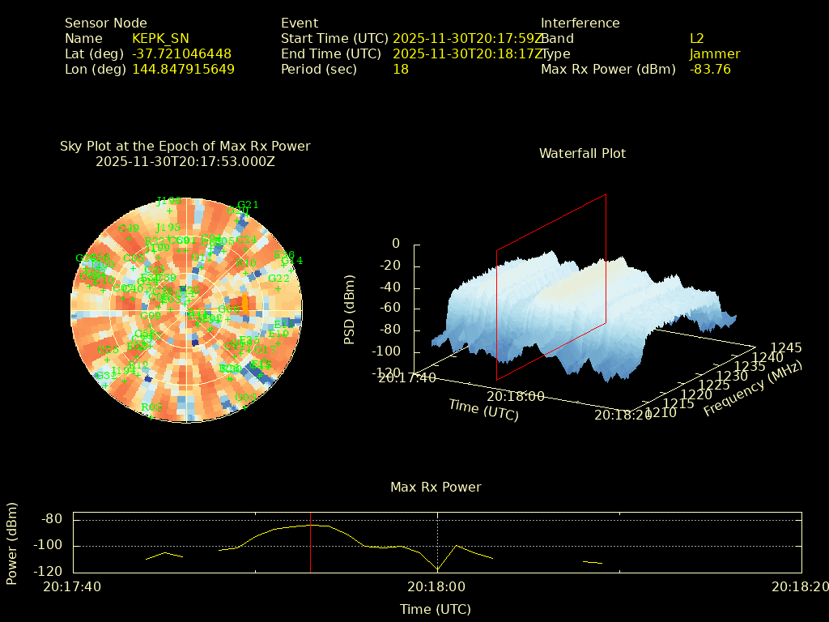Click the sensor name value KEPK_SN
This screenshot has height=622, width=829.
click(x=160, y=38)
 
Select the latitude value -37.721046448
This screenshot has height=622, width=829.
click(x=181, y=53)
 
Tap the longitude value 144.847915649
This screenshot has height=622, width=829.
click(x=183, y=69)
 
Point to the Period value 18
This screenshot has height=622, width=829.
click(x=400, y=69)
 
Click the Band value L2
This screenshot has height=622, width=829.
click(x=696, y=38)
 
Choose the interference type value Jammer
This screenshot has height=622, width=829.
click(x=714, y=53)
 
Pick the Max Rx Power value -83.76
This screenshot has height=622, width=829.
click(x=710, y=69)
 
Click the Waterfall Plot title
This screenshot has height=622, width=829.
click(x=582, y=153)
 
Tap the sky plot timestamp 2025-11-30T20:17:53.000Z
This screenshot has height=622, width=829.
click(x=185, y=161)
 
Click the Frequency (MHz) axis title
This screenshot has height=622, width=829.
click(x=752, y=389)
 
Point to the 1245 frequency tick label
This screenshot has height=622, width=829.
click(x=786, y=347)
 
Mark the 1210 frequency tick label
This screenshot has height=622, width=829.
click(x=662, y=412)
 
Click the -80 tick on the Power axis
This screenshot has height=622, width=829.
click(x=53, y=519)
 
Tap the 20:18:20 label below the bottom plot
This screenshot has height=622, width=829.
click(x=800, y=586)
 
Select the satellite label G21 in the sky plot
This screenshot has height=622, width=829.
click(x=248, y=205)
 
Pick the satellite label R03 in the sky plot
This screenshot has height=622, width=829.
click(x=151, y=407)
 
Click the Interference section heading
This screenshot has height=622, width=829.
click(x=580, y=23)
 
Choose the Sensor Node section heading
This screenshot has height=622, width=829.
click(x=106, y=23)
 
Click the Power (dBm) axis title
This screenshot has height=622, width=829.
click(x=12, y=543)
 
